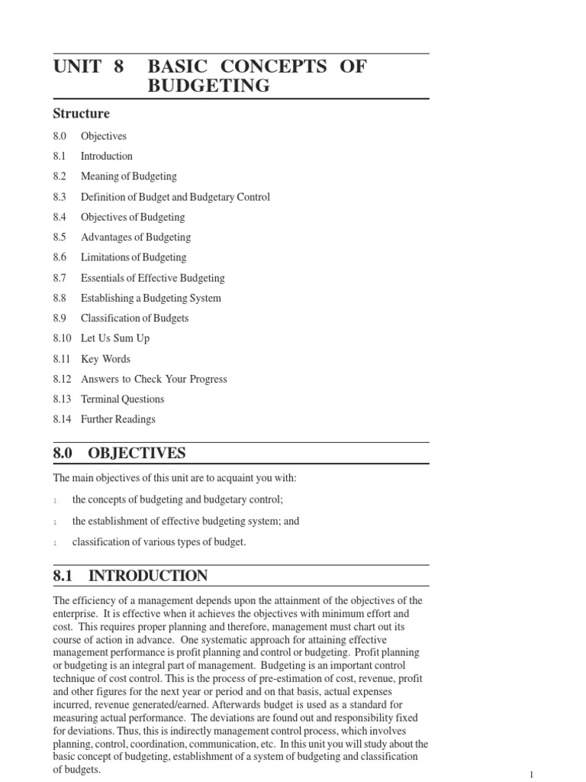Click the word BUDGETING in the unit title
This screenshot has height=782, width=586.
coord(208,86)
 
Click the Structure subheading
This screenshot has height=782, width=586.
coord(81,114)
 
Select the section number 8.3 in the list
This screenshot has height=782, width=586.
coord(60,197)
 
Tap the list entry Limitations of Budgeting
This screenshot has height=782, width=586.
coord(134,257)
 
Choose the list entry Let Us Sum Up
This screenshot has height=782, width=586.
coord(115,338)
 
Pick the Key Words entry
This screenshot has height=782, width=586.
coord(105,359)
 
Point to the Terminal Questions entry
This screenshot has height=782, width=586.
coord(122,399)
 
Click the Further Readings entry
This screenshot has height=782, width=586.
coord(118,419)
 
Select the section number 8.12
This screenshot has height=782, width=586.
coord(62,379)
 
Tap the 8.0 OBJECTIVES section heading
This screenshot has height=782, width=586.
coord(119,454)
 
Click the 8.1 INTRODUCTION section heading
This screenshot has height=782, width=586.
coord(130,576)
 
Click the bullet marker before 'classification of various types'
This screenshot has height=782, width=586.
coord(56,543)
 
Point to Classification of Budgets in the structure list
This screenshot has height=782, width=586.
coord(134,318)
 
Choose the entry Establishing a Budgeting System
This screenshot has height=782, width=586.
coord(151,298)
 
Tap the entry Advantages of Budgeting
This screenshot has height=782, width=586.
coord(136,238)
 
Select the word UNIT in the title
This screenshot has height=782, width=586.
coord(77,66)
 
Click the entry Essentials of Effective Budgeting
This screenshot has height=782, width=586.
coord(153,278)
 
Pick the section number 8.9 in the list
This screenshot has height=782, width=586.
coord(60,318)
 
